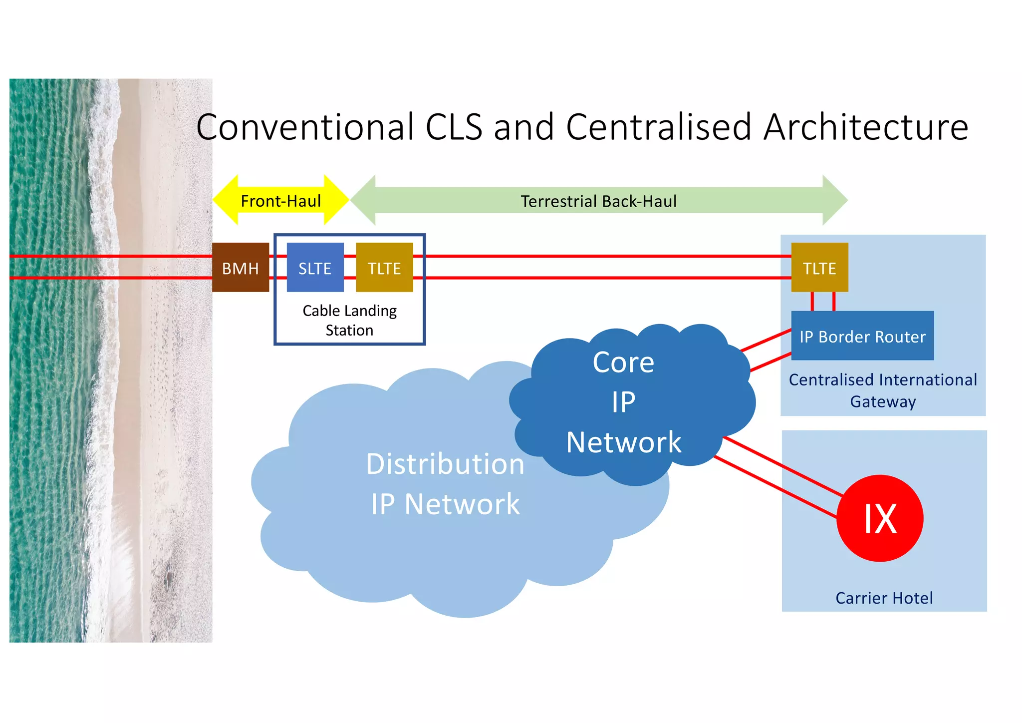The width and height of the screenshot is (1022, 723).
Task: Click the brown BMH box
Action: point(240,268)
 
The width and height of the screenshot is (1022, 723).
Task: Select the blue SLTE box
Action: point(315,268)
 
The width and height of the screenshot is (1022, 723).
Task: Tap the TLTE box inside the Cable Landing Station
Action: point(384,268)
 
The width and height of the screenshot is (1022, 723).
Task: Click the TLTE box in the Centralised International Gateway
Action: point(819,268)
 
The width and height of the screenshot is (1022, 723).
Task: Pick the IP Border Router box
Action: point(862,336)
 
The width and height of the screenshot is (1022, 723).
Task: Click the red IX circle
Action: point(880,518)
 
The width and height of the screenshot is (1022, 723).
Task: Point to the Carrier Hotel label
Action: point(884,598)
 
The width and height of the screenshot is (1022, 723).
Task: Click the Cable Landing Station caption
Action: point(349,320)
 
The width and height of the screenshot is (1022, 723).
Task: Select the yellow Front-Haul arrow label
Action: point(280,201)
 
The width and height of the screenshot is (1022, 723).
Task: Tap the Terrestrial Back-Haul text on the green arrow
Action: point(598,201)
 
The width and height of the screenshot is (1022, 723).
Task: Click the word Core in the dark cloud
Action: point(623,362)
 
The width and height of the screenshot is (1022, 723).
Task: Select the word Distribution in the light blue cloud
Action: point(445,464)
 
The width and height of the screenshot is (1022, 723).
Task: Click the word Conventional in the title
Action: point(305,127)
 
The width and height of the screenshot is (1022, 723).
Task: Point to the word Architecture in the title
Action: point(866,127)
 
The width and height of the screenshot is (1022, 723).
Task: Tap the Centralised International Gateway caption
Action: point(883,390)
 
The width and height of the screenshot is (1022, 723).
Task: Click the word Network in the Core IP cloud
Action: point(623,442)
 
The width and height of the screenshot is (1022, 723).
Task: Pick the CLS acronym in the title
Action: point(454,127)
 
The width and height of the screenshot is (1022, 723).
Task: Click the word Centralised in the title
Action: point(658,127)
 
